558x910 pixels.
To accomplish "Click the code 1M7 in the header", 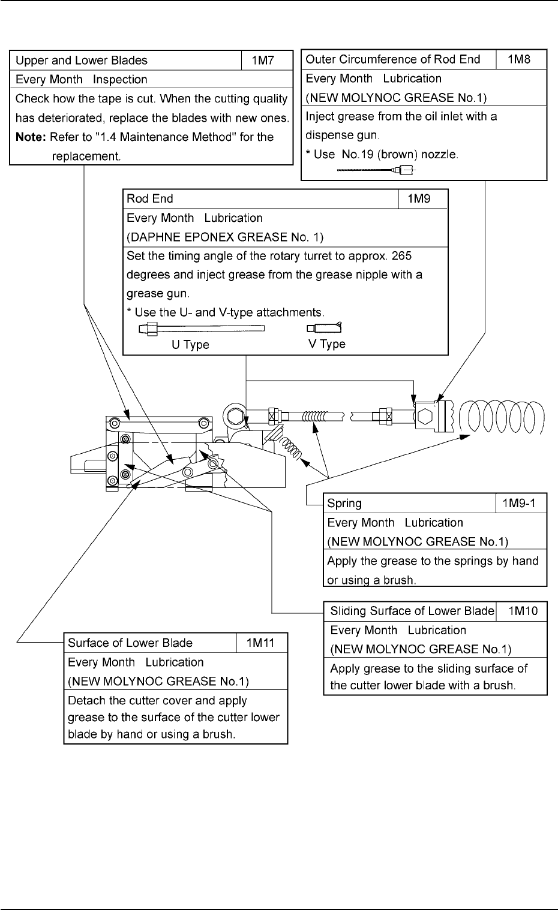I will click(x=267, y=61).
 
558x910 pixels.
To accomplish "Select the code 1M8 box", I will click(x=521, y=59).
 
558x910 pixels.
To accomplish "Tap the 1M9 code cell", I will click(x=422, y=199).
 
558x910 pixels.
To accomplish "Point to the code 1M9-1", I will click(x=521, y=504).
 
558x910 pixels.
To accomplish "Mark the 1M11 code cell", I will click(x=261, y=643).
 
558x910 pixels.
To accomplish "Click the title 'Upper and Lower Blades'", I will click(x=81, y=61).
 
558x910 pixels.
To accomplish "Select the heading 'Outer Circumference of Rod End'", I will click(x=393, y=59).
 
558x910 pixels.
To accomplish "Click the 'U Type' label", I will click(x=191, y=345).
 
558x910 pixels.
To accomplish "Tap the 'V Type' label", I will click(x=327, y=344).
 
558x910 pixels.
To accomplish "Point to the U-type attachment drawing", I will click(x=201, y=329).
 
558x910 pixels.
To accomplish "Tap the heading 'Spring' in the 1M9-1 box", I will click(x=344, y=504).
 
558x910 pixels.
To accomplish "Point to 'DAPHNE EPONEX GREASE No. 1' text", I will click(x=225, y=237).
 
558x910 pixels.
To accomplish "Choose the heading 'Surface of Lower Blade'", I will click(x=130, y=643).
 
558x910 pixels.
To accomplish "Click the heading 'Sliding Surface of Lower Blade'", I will click(x=412, y=611).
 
